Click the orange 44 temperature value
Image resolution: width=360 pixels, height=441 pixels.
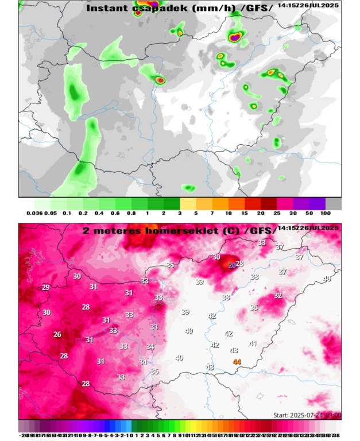(x=237, y=362)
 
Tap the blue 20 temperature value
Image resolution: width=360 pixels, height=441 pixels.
(x=231, y=266)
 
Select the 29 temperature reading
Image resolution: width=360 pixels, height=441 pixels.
(x=46, y=288)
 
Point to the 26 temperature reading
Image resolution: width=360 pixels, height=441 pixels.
(x=57, y=334)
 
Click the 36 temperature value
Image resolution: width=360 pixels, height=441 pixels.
(x=154, y=372)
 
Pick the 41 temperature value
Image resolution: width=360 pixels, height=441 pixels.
(x=253, y=343)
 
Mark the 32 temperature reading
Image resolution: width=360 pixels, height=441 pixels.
(x=278, y=296)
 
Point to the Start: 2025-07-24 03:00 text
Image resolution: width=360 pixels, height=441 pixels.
(x=307, y=415)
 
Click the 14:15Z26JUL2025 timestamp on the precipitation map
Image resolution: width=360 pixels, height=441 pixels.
(x=308, y=5)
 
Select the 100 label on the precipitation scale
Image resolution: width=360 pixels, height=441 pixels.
(x=326, y=213)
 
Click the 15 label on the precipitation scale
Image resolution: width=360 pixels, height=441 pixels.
(x=245, y=213)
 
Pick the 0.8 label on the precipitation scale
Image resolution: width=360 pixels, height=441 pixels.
(x=131, y=213)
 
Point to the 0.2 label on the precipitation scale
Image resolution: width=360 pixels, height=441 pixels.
(x=83, y=213)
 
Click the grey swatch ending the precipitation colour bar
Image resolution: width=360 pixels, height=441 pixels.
(x=334, y=203)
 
